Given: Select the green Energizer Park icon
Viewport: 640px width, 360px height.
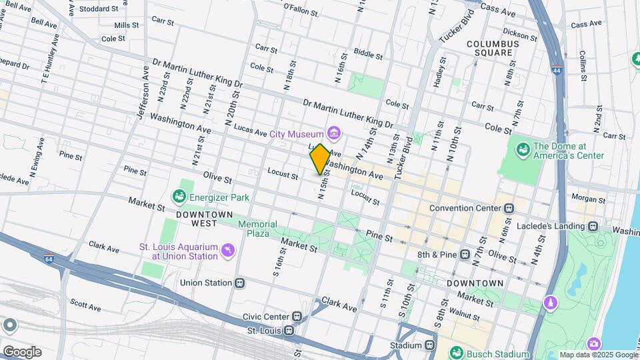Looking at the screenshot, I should (179, 197).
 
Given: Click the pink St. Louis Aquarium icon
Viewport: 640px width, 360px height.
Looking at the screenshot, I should (229, 250).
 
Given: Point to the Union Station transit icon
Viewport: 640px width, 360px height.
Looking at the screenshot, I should (240, 283).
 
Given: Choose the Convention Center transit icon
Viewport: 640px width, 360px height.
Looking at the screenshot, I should (509, 208).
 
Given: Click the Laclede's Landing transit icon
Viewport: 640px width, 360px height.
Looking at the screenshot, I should (592, 226).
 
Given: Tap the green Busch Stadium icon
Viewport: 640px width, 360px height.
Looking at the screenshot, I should (456, 351).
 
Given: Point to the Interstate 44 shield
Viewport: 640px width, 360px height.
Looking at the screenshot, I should (556, 69).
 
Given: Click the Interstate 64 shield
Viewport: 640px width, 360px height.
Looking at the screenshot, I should (49, 259).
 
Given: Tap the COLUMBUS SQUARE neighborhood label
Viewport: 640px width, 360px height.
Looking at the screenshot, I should (492, 48).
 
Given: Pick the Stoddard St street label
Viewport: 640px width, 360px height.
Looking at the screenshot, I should (98, 9).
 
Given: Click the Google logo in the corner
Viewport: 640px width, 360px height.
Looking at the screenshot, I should (22, 351).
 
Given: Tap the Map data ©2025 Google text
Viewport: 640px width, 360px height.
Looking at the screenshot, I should (598, 355).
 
